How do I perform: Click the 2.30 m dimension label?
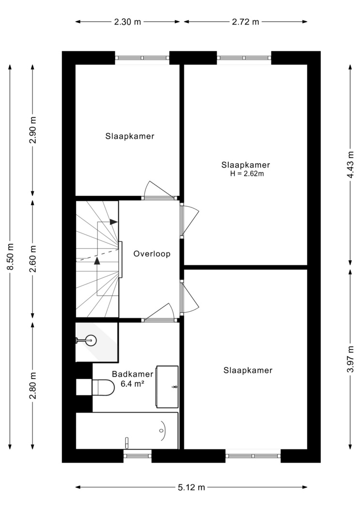(x=127, y=22)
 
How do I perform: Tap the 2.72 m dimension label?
(x=246, y=22)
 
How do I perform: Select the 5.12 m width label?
(x=191, y=487)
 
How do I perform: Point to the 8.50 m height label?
(x=10, y=256)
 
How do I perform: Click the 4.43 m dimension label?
(x=350, y=165)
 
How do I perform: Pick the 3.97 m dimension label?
(x=350, y=360)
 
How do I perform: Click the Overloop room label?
(x=152, y=254)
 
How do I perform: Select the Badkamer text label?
(x=132, y=374)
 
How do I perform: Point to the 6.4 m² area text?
(x=132, y=384)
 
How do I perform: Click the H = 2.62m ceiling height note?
(x=247, y=174)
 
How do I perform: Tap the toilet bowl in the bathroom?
(x=103, y=387)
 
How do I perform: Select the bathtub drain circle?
(x=161, y=430)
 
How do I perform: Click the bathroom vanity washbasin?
(x=167, y=386)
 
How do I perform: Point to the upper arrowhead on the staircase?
(x=113, y=222)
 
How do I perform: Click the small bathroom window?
(x=138, y=456)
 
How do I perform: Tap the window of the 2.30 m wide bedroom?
(x=142, y=58)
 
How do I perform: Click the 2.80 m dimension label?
(x=32, y=386)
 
